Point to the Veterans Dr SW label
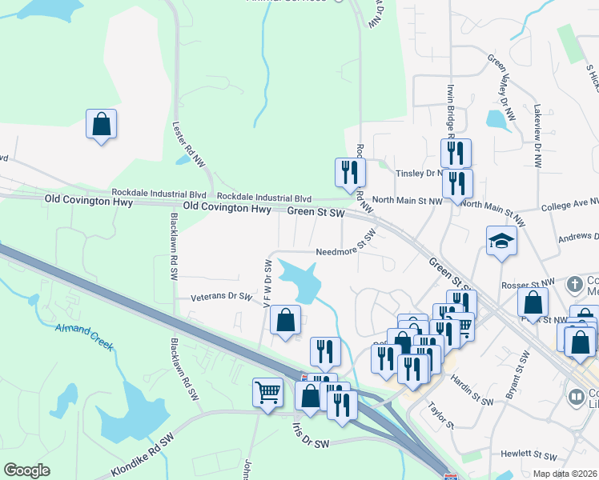coord(221,297)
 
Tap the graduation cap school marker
coord(501,240)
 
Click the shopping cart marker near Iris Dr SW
coord(267,391)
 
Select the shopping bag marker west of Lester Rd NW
coord(101,124)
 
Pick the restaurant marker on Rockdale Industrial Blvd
coord(350,172)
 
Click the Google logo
coord(26,470)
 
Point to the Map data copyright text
coord(565,474)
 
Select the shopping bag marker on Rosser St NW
coord(533,303)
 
